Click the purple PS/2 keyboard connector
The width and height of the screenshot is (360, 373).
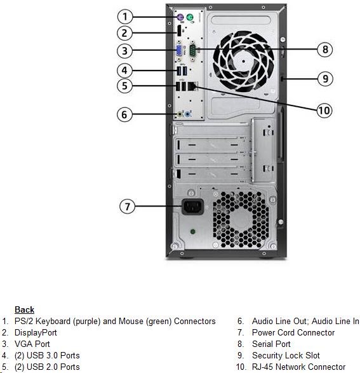[x=180, y=17]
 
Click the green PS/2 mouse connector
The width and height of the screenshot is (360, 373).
[x=190, y=17]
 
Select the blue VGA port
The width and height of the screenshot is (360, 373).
[x=179, y=50]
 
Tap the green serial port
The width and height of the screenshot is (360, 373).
[x=192, y=50]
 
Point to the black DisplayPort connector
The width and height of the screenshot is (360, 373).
[x=179, y=31]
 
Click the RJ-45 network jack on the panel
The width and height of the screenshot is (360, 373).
[x=192, y=86]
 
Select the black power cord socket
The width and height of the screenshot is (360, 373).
[x=193, y=207]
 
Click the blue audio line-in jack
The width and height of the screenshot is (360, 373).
[x=188, y=115]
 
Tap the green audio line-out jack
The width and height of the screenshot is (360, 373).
[x=180, y=114]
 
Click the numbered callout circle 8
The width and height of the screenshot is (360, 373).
[x=325, y=50]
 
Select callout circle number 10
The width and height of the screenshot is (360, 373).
[x=324, y=111]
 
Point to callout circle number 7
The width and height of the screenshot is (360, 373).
[x=128, y=207]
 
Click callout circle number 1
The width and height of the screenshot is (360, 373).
[x=125, y=17]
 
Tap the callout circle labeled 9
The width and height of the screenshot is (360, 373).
[x=325, y=79]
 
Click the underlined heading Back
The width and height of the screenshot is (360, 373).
[x=24, y=309]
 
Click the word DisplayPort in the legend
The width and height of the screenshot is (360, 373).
[x=36, y=332]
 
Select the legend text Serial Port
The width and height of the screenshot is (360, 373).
[x=271, y=344]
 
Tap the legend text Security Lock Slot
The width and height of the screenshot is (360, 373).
[x=286, y=355]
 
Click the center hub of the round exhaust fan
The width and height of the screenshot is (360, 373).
[x=243, y=61]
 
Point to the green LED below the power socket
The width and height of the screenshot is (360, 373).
[x=193, y=231]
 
